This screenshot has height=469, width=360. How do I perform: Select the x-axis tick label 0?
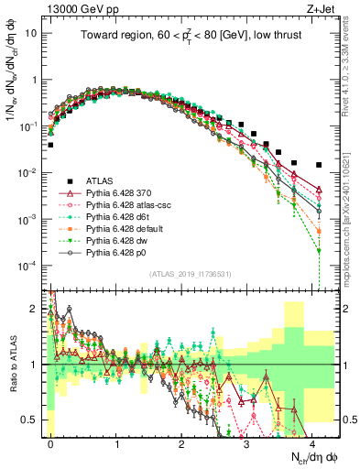[50, 442]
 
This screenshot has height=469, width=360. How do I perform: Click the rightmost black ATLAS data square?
[318, 165]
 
